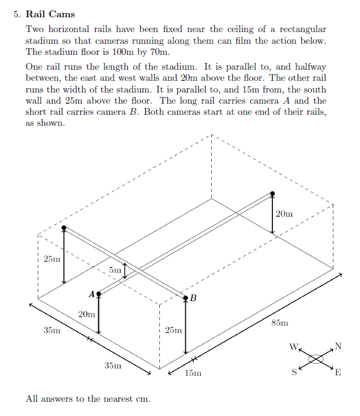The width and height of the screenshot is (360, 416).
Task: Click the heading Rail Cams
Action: point(50,14)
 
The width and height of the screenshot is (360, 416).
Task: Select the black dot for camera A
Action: point(99,293)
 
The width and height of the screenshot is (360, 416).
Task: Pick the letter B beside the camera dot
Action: point(193,299)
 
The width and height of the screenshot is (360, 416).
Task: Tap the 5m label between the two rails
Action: point(115,270)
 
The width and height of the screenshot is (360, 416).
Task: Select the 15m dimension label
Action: point(193,373)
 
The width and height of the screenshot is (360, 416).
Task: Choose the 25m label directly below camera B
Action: point(174,331)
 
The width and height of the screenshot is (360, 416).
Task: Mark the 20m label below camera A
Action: point(86,314)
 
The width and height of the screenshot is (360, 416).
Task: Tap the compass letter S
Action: point(295,372)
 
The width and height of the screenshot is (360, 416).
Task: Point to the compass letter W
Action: point(293,346)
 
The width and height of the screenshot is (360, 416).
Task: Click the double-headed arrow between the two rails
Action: point(126,270)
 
